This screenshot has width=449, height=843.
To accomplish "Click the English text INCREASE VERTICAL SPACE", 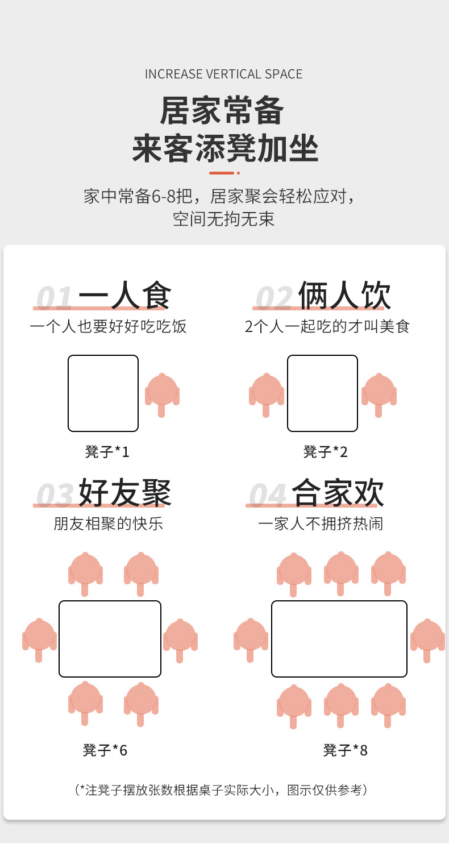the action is [x=223, y=74].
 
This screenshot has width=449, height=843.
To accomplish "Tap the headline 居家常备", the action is [x=222, y=111].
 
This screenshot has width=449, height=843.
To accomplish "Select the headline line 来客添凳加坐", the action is [x=225, y=149].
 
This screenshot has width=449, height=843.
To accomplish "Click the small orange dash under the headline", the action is [x=222, y=173].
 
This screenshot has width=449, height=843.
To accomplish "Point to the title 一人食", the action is [x=124, y=296].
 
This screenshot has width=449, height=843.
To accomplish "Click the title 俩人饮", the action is [x=344, y=296].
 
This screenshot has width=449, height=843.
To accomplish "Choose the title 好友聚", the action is [x=124, y=492].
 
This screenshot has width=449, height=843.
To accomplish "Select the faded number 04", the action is [x=267, y=495].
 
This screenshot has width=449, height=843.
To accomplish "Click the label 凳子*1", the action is [x=107, y=452].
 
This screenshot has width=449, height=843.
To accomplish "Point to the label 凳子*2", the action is [x=325, y=452].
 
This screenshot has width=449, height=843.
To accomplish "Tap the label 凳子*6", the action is [x=105, y=750].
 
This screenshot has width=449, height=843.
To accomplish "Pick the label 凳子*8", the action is [x=346, y=750].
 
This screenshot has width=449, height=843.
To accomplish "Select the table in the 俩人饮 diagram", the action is [x=322, y=393].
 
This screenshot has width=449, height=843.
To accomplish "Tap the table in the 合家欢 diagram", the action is [x=339, y=639].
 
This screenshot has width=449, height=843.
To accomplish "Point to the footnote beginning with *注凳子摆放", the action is [x=222, y=790].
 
